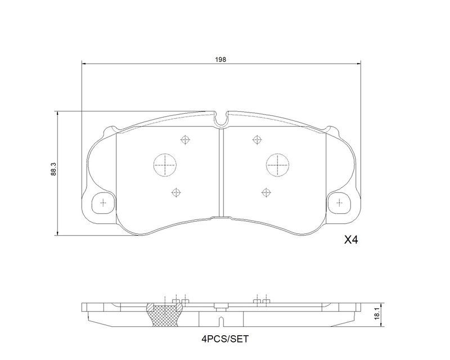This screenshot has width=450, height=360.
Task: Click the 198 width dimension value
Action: pyautogui.click(x=220, y=60)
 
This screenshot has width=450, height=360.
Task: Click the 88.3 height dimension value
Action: pyautogui.click(x=53, y=169)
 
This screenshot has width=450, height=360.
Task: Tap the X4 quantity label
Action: pyautogui.click(x=351, y=240)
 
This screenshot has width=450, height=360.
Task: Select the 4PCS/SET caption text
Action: pyautogui.click(x=224, y=339)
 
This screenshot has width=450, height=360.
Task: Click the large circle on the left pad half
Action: pyautogui.click(x=165, y=165)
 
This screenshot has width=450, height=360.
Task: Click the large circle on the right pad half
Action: pyautogui.click(x=277, y=165)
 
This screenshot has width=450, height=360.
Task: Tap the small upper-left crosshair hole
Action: pyautogui.click(x=186, y=140)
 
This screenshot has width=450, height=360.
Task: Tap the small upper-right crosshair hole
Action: pyautogui.click(x=257, y=140)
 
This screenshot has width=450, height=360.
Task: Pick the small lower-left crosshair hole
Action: pyautogui.click(x=175, y=192)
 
